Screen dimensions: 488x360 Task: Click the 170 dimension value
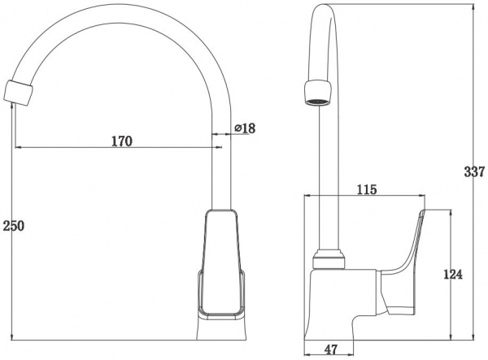[x=122, y=141]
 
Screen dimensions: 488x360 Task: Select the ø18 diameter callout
[x=245, y=128]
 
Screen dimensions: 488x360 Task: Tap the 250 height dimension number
[x=13, y=226]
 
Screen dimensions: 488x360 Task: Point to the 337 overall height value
[x=475, y=171]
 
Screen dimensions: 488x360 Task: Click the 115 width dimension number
[x=366, y=189]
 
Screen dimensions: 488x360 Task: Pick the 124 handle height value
[x=453, y=275]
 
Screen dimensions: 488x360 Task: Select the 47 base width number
[x=330, y=349]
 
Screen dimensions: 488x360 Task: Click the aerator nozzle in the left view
[x=19, y=93]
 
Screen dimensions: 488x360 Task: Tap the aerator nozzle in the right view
[x=317, y=93]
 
